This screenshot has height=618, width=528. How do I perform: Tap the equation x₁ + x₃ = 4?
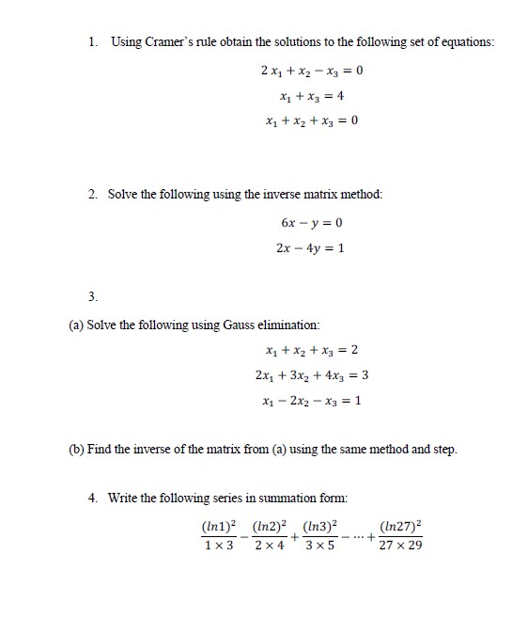[311, 95]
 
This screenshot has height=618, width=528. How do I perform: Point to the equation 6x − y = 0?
[311, 224]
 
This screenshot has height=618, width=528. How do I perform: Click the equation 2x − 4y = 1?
[311, 248]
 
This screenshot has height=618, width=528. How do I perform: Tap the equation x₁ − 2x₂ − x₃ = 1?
[311, 400]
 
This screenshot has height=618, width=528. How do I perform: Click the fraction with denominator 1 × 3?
[220, 535]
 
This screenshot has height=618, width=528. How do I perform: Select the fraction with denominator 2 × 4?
[270, 535]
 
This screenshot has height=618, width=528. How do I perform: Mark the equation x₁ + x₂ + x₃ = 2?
[311, 351]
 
